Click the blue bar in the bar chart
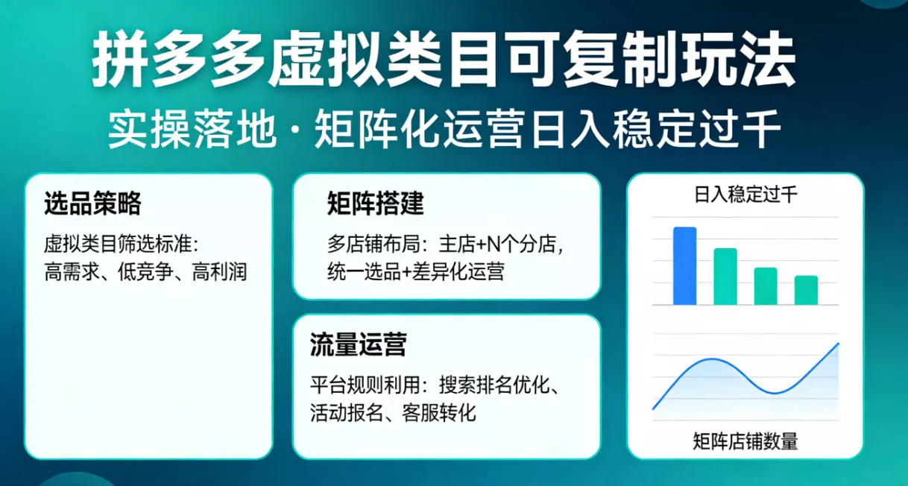click(x=684, y=266)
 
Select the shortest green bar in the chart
click(x=806, y=290)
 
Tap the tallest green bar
click(x=725, y=277)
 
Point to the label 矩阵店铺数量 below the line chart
click(x=745, y=441)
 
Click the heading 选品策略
click(x=92, y=203)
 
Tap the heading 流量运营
click(x=358, y=345)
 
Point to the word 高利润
click(x=219, y=271)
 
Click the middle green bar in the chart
click(x=766, y=286)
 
